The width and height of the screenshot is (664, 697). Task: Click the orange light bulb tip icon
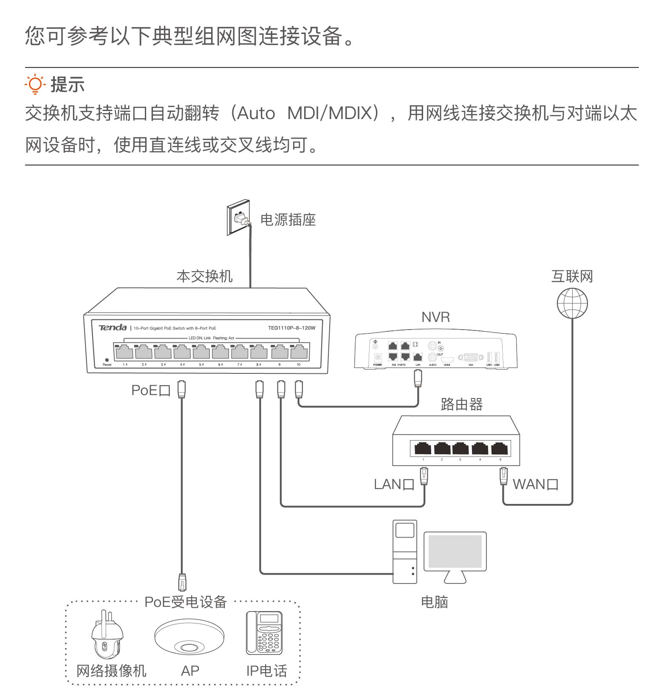pyautogui.click(x=35, y=84)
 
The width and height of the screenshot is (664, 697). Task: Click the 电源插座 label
pyautogui.click(x=288, y=220)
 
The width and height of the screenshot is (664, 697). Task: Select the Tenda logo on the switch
pyautogui.click(x=113, y=327)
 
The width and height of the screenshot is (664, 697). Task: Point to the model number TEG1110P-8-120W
pyautogui.click(x=291, y=328)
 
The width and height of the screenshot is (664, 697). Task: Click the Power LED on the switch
pyautogui.click(x=107, y=360)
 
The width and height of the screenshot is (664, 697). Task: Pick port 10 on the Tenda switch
pyautogui.click(x=299, y=353)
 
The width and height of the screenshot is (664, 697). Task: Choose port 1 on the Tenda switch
pyautogui.click(x=124, y=353)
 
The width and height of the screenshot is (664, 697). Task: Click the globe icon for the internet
pyautogui.click(x=572, y=303)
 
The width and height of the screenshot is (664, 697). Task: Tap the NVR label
pyautogui.click(x=435, y=317)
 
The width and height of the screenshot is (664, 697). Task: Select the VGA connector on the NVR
pyautogui.click(x=471, y=358)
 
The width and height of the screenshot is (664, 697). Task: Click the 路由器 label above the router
pyautogui.click(x=462, y=404)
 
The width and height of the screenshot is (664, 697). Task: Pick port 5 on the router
pyautogui.click(x=500, y=449)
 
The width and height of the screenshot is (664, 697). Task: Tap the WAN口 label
pyautogui.click(x=535, y=484)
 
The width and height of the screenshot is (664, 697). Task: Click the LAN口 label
pyautogui.click(x=394, y=484)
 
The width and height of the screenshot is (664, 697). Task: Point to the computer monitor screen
pyautogui.click(x=455, y=552)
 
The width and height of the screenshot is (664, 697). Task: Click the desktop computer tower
pyautogui.click(x=404, y=552)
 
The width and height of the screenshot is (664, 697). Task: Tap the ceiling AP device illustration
pyautogui.click(x=189, y=637)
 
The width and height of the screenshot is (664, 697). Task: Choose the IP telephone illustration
pyautogui.click(x=264, y=633)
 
